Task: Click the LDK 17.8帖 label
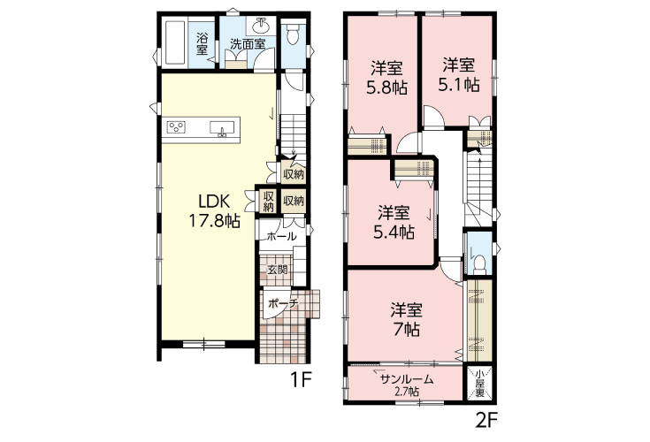[214, 211]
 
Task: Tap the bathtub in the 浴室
[175, 42]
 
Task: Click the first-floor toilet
[293, 33]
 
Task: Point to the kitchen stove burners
[176, 126]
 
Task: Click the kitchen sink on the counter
[222, 128]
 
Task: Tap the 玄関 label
[277, 270]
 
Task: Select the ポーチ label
[284, 303]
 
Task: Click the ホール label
[281, 237]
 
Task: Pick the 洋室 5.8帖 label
[386, 78]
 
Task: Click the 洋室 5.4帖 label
[394, 223]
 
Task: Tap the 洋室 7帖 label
[406, 319]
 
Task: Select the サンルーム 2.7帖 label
[406, 385]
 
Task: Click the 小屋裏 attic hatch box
[479, 384]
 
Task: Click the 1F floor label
[300, 380]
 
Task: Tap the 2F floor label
[486, 421]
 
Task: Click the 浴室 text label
[202, 44]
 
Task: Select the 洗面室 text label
[248, 44]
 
